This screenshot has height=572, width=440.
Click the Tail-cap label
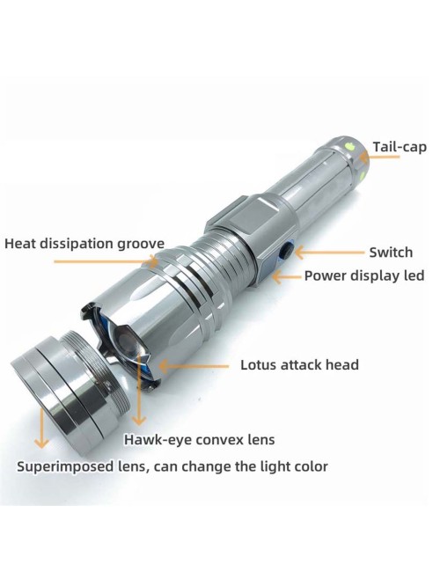coord(400,147)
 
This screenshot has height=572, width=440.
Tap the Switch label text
coord(391,252)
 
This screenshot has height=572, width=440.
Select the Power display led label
coord(364,275)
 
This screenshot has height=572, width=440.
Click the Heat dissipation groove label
coord(84,244)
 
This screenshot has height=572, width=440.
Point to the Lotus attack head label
coord(299,365)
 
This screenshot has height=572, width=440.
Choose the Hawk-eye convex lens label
coord(199,440)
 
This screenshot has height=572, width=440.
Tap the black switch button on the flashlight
coord(286,251)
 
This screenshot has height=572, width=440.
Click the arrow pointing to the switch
coord(329,252)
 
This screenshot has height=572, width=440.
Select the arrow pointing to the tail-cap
coord(379,158)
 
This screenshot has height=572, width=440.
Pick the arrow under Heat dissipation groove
coord(106,261)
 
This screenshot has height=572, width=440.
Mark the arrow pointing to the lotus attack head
coord(194,366)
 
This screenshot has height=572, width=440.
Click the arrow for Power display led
coord(287,277)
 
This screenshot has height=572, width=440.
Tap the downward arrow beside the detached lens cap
coord(42,429)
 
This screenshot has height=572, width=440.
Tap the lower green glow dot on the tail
coord(363,177)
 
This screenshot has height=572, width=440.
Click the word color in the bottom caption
coord(311,466)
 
